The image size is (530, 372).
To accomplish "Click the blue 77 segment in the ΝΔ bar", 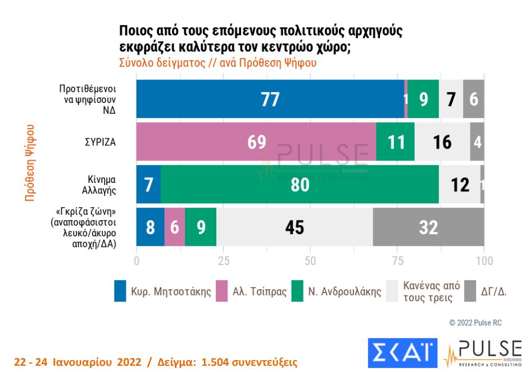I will coord(270,99).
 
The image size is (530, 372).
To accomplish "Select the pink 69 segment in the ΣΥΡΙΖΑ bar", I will coord(256,141).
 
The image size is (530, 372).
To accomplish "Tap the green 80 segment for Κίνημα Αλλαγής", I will coord(300,184).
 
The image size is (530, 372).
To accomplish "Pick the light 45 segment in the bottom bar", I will coord(295,227).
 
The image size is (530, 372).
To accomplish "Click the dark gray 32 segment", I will coord(428,227).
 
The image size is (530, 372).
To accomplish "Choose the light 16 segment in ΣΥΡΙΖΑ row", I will coord(442,141).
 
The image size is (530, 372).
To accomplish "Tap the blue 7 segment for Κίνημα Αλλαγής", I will coord(148,184).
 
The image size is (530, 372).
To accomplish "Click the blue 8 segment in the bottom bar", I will coord(151,227).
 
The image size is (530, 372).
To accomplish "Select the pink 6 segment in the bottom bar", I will coord(175,227).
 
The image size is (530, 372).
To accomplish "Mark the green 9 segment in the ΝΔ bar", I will coord(423,99).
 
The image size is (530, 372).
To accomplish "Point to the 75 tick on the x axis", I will coord(397,261).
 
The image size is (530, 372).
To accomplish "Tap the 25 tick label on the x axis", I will coord(223,261).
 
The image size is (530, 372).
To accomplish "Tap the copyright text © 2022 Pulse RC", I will coord(475,323).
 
